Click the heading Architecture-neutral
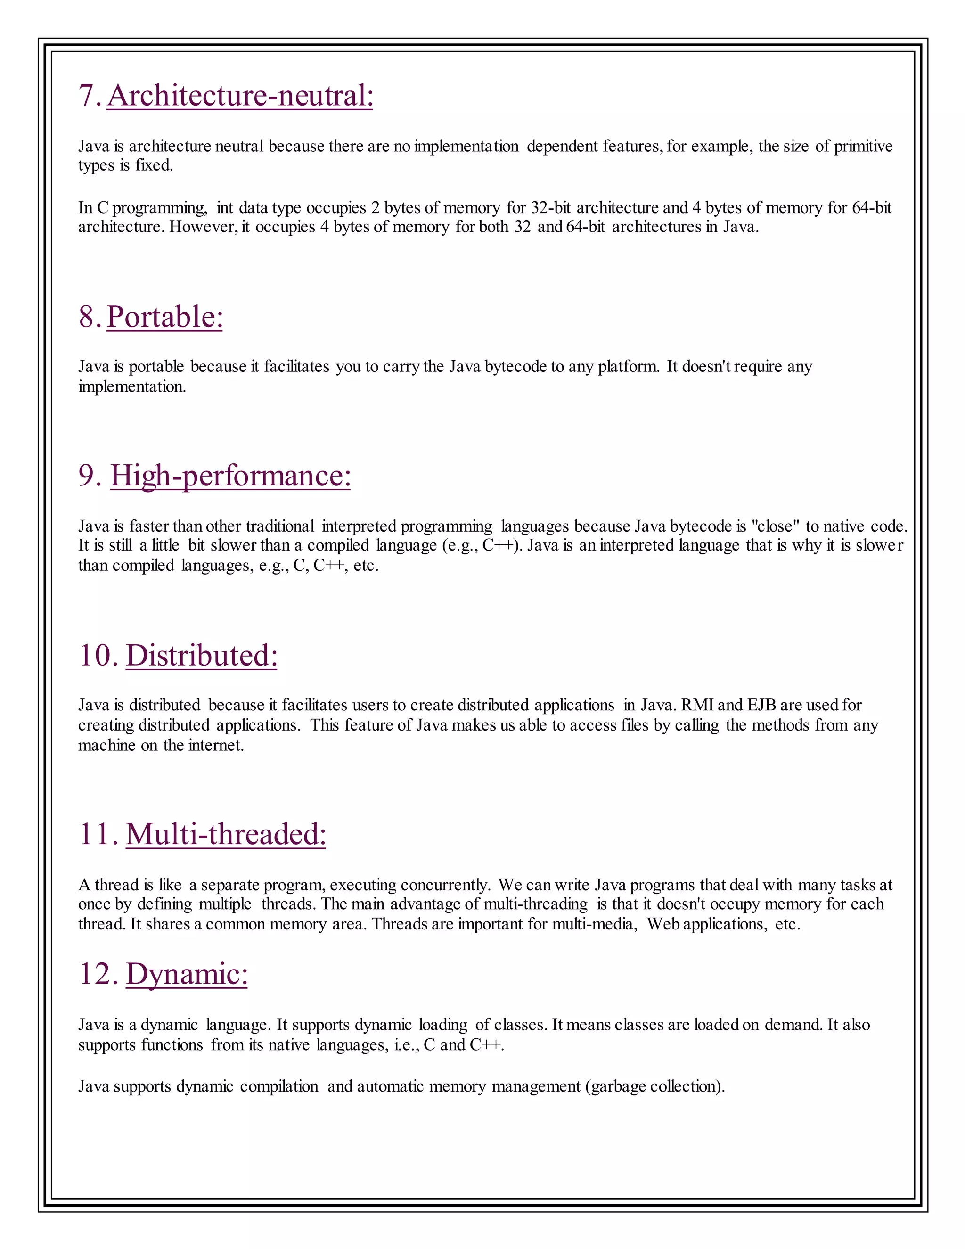tap(240, 96)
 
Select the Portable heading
tap(164, 317)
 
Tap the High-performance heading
tap(230, 476)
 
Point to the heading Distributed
tap(201, 656)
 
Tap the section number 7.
tap(90, 96)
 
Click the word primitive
tap(863, 147)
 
